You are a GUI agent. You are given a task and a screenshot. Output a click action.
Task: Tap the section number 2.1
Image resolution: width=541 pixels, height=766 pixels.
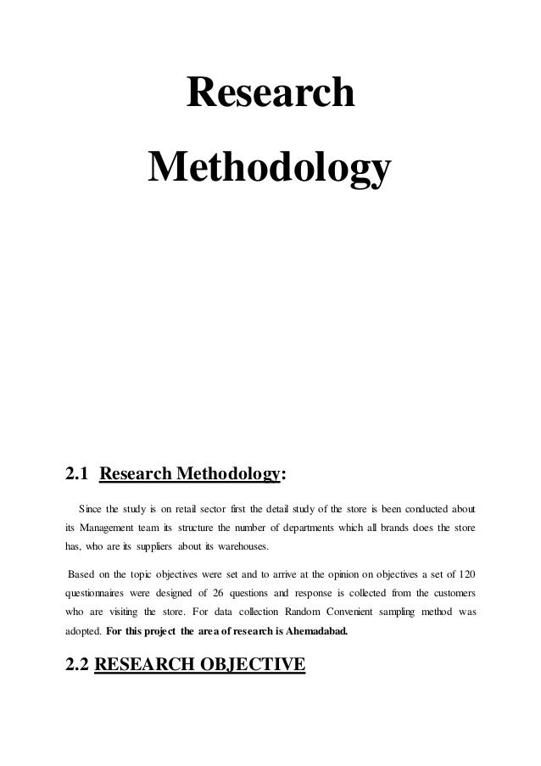pyautogui.click(x=80, y=472)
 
